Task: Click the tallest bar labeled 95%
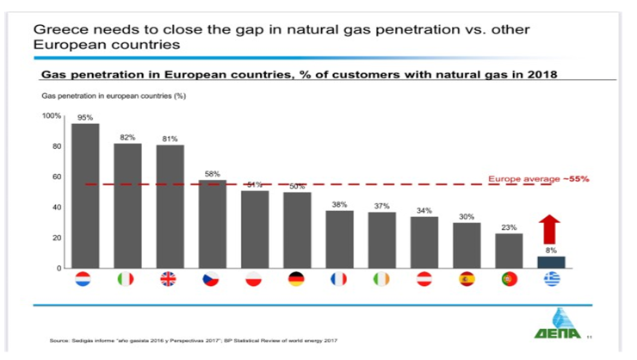point(85,196)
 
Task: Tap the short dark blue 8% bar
point(552,262)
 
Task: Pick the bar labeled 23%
point(509,251)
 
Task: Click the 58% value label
point(213,173)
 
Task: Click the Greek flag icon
point(552,280)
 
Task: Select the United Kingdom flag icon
point(170,280)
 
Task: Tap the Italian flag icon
point(127,280)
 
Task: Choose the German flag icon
point(297,280)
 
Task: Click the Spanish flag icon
point(467,280)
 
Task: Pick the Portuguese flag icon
point(509,280)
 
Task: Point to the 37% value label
point(382,206)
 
